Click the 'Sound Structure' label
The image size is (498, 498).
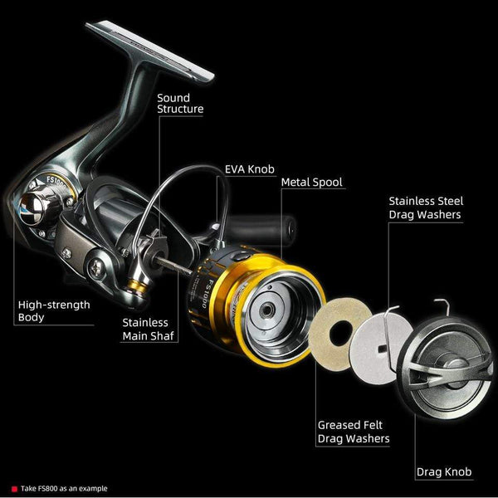pyautogui.click(x=180, y=103)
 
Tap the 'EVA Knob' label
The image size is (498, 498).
pyautogui.click(x=250, y=168)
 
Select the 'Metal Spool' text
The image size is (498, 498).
pyautogui.click(x=311, y=182)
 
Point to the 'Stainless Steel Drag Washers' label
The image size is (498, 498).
pyautogui.click(x=425, y=207)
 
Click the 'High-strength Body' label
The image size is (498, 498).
pyautogui.click(x=54, y=310)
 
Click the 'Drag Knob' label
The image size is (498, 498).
pyautogui.click(x=443, y=472)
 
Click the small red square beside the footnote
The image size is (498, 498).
pyautogui.click(x=14, y=489)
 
